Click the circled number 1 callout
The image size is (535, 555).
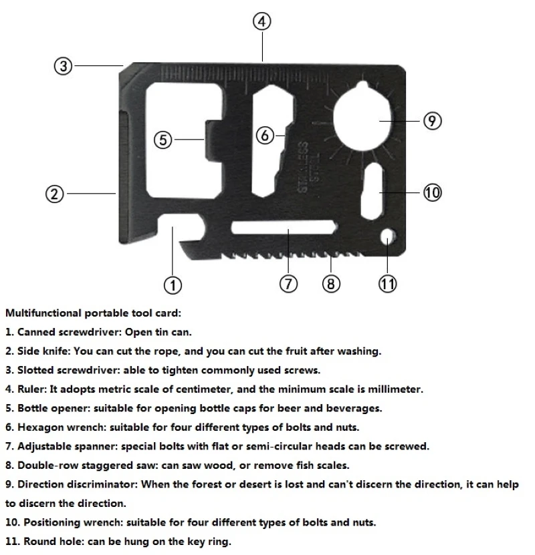point(173,285)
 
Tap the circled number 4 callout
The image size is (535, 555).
point(262,21)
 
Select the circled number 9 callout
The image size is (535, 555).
point(433,121)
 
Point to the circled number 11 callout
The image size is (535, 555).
point(388,284)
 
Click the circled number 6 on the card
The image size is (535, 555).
point(265,136)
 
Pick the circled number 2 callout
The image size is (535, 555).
point(55,194)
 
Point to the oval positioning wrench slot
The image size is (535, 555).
point(372,191)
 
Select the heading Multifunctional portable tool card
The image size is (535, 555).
point(93,313)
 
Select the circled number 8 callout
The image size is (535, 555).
point(331,284)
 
